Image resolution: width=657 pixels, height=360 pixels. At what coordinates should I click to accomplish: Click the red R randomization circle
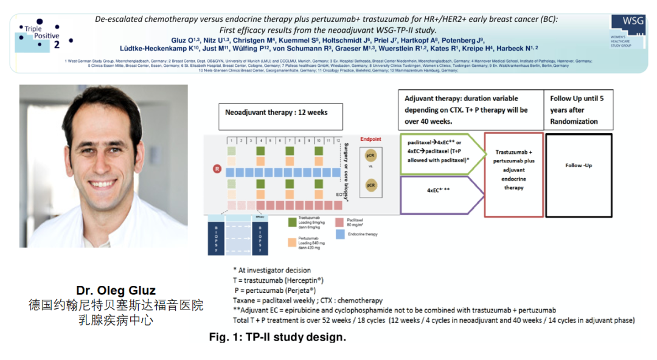[217, 168]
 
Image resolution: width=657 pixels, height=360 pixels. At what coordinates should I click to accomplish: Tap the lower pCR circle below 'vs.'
[370, 184]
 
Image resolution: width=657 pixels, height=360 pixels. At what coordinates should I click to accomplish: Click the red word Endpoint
[370, 139]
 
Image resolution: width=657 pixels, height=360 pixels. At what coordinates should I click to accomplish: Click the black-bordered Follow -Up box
[579, 165]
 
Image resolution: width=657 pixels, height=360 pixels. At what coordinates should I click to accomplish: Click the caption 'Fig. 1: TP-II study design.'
[277, 337]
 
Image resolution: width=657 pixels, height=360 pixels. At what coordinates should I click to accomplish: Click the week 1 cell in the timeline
[231, 141]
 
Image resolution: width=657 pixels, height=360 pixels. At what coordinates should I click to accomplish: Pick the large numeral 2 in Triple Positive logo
[57, 44]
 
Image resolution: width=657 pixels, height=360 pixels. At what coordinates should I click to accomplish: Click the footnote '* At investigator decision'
[272, 270]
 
